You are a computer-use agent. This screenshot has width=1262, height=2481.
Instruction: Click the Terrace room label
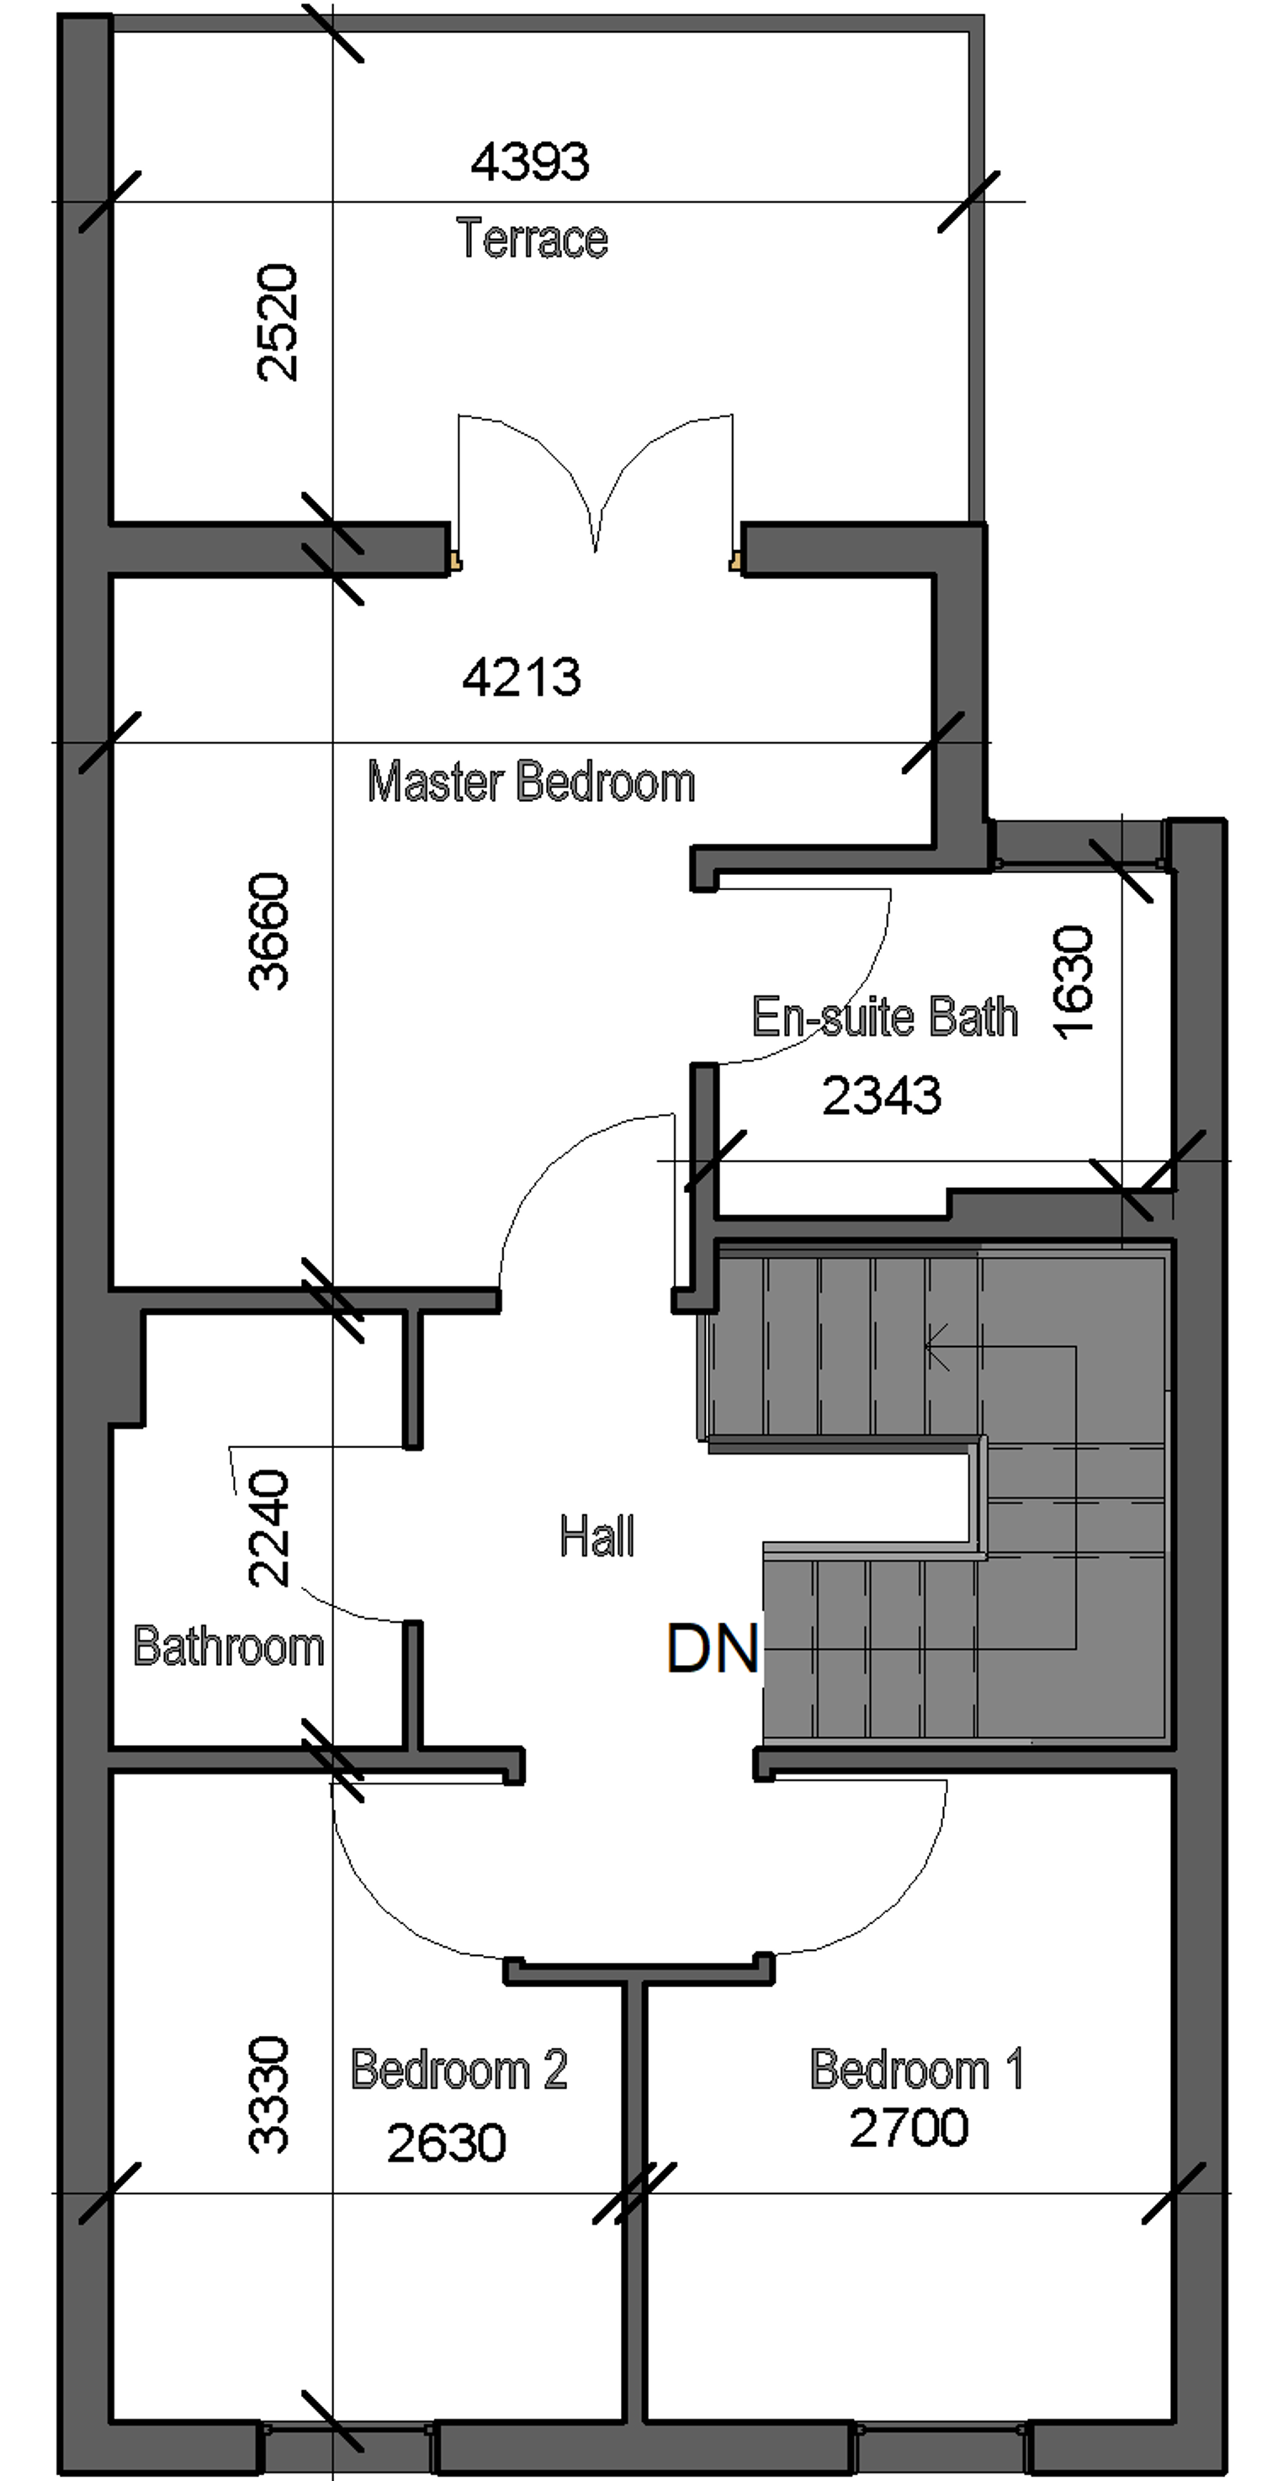click(x=532, y=238)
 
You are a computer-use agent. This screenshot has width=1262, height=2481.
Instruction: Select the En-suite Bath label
click(x=884, y=1017)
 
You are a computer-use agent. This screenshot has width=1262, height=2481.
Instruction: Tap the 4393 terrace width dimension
click(x=530, y=161)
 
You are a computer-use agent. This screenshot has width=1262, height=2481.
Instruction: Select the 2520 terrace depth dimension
click(x=278, y=321)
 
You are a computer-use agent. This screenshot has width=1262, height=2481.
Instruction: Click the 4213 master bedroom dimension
click(x=522, y=677)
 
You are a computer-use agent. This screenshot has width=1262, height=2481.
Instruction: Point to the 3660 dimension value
click(x=268, y=931)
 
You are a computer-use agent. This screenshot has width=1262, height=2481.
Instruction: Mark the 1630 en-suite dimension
click(x=1074, y=983)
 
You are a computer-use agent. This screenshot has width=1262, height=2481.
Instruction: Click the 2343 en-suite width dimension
click(x=882, y=1096)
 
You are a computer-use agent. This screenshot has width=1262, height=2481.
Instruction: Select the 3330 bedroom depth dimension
click(x=268, y=2095)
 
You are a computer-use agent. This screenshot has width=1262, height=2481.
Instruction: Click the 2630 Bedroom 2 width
click(x=446, y=2144)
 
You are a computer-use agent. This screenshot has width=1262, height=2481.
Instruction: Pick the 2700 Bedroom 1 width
click(x=909, y=2128)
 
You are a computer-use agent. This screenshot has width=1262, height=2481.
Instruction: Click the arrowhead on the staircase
click(x=931, y=1346)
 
